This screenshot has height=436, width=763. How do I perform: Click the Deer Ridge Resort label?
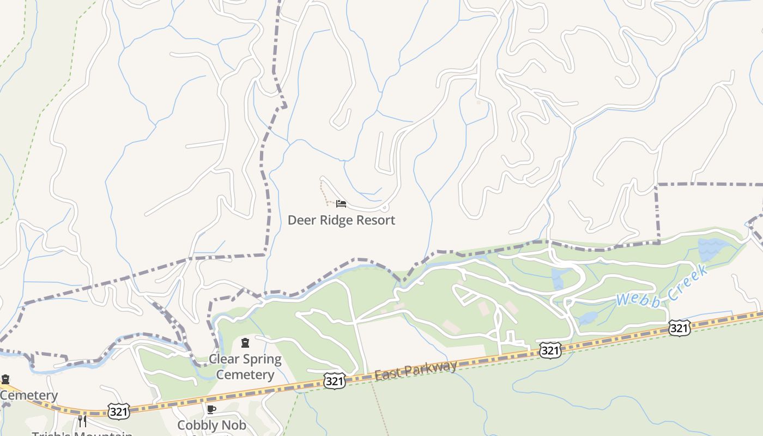coord(341,220)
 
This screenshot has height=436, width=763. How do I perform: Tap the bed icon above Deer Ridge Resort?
coord(341,204)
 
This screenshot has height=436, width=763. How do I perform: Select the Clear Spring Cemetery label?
coord(245,367)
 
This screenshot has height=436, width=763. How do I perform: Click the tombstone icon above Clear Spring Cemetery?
coord(245,343)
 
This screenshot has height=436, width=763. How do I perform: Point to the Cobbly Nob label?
coord(211,425)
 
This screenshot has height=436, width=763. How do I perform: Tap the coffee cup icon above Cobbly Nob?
coord(211,409)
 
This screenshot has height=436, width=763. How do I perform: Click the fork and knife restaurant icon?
coord(82,421)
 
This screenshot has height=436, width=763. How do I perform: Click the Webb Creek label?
coord(662,287)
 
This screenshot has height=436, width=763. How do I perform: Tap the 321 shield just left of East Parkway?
coord(334,381)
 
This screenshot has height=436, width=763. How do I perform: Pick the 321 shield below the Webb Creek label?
coord(679,328)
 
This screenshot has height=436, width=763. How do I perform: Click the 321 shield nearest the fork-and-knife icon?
coord(118,411)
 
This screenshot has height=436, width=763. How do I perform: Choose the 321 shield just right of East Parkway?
coord(550,350)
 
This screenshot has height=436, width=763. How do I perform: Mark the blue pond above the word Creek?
coord(711,249)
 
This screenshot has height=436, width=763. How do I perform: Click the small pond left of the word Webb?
coord(589,318)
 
